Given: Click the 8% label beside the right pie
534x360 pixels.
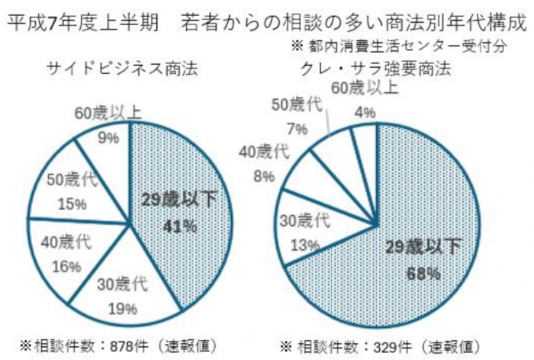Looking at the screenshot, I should (x=267, y=177).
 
